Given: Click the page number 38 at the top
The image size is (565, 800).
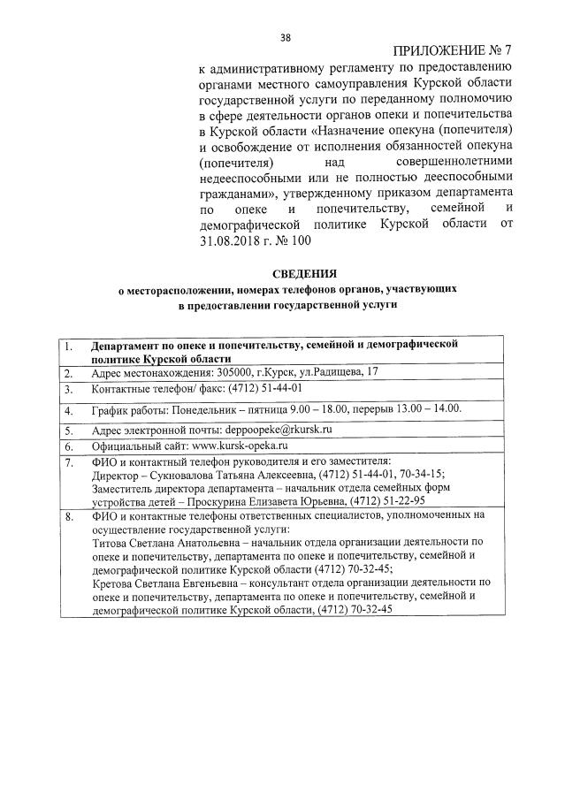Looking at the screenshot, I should pos(285,37).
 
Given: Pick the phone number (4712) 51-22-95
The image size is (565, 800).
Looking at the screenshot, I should pos(376,500).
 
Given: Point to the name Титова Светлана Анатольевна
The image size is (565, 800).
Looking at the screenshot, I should pos(166,542).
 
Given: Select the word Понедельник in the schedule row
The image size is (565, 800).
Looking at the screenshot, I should pos(195,411).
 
